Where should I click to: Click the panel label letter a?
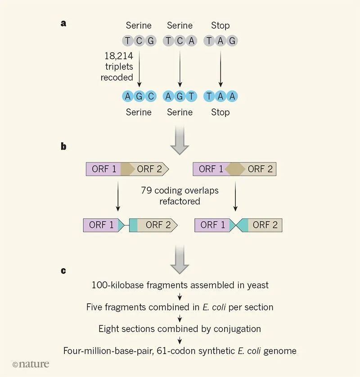click(63, 23)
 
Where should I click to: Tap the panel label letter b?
click(63, 146)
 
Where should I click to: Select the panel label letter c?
click(63, 270)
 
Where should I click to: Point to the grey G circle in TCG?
click(151, 41)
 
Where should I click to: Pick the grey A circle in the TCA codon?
click(192, 41)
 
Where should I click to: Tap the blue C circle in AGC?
click(151, 96)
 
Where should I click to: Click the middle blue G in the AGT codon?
click(180, 96)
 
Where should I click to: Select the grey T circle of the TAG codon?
click(209, 41)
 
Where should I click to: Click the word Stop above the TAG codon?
click(220, 26)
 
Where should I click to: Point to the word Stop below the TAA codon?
click(220, 112)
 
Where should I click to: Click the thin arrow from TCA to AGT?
click(180, 67)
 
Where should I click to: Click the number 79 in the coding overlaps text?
click(147, 190)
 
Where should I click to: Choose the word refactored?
click(180, 201)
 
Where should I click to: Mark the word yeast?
click(256, 285)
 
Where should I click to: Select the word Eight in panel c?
click(110, 329)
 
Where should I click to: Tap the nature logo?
click(31, 364)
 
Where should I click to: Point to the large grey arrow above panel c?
click(180, 259)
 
